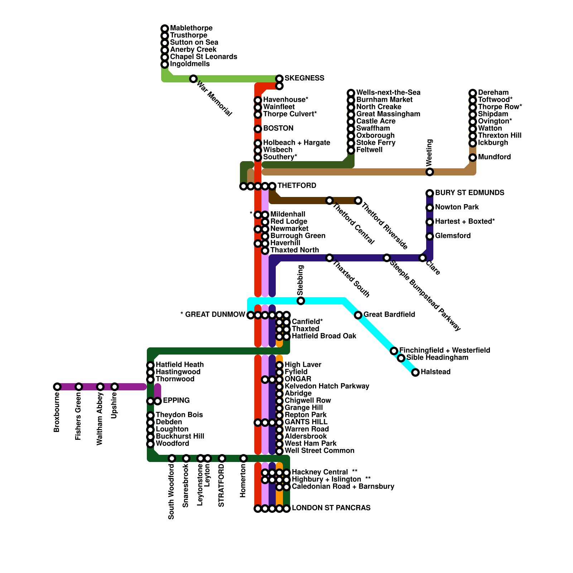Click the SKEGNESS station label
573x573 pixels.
coord(304,78)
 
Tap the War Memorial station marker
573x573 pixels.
coord(193,78)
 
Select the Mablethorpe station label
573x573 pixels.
coord(191,28)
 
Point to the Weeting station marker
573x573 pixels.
coord(430,172)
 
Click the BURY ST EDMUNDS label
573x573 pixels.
coord(470,193)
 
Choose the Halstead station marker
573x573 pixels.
coord(415,372)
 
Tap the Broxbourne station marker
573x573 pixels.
coord(57,387)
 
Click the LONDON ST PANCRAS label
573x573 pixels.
coord(331,508)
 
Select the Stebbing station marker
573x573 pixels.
coord(301,301)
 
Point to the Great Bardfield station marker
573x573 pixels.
coord(358,315)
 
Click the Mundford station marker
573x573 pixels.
coord(473,158)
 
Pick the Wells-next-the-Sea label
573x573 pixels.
coord(388,92)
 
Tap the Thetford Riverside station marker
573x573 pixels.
coord(358,201)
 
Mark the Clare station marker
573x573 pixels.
coord(423,258)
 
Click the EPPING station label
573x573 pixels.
coord(176,400)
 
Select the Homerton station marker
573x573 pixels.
coord(244,458)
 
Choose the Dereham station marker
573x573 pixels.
coord(473,93)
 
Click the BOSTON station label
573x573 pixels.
coord(278,128)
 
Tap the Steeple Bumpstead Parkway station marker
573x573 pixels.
coord(387,258)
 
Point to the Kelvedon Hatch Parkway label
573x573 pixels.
coord(327,386)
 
